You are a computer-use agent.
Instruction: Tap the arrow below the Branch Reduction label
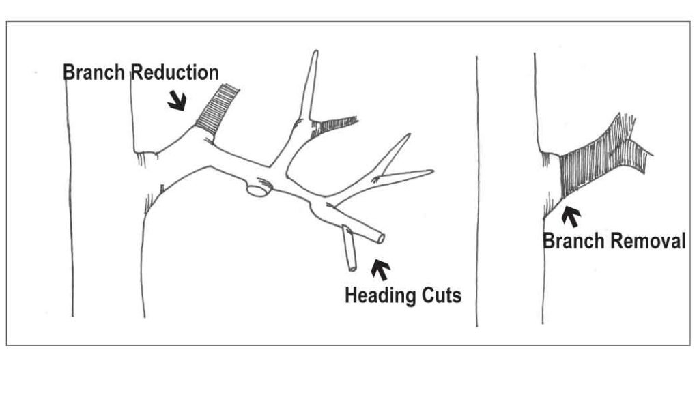coord(177,102)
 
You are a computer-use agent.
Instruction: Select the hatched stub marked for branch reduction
coord(217,108)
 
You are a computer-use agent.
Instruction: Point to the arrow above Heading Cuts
coord(380,270)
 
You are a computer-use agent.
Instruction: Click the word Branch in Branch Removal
coord(570,241)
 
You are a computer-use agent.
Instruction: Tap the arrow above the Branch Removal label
coord(571,216)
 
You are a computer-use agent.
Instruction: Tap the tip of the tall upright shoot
coord(315,53)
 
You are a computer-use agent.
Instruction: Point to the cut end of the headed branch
coord(380,239)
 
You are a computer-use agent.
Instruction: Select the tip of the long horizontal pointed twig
coord(431,172)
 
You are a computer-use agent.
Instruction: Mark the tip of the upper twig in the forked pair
coord(408,136)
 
